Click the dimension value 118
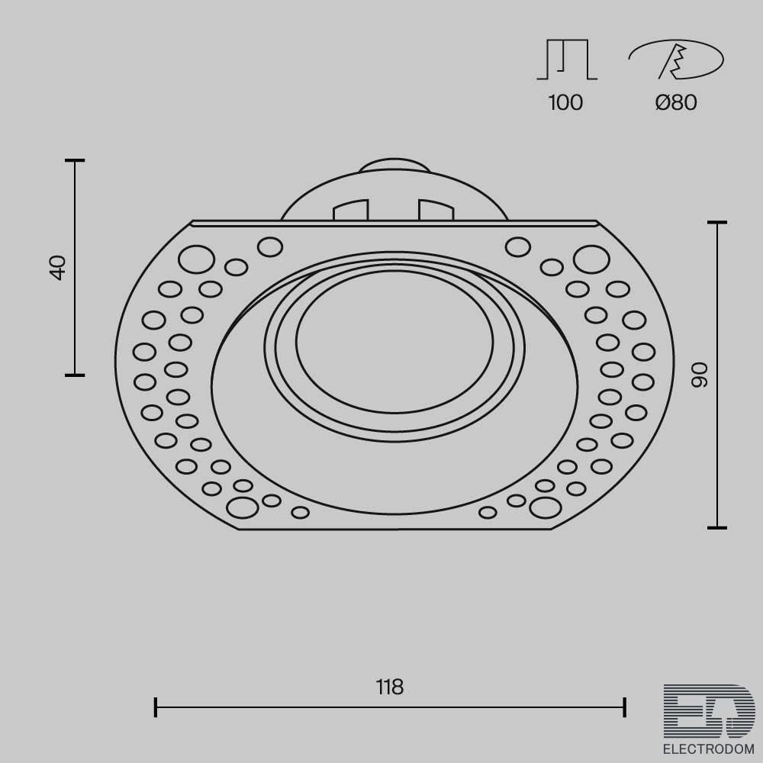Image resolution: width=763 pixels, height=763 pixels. point(390,687)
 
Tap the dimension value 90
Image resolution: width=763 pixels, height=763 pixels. point(700,375)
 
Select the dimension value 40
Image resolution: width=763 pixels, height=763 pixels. point(58,267)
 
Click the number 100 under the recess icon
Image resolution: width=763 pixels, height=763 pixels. point(565,103)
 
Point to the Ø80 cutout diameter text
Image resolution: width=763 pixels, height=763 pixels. point(676,103)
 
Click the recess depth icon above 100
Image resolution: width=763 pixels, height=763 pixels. point(567,59)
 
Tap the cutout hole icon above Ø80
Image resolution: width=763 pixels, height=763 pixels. point(676,59)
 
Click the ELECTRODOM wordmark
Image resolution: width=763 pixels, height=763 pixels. point(709,749)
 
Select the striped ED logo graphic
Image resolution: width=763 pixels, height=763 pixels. point(709,711)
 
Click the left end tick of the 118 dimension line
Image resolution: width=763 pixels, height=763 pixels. point(155,707)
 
